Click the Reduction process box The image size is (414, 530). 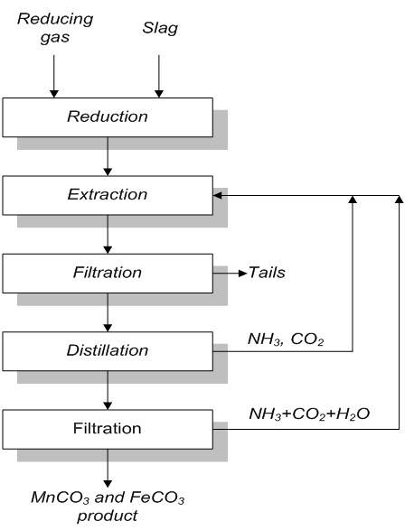click(x=107, y=116)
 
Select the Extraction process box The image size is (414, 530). click(x=107, y=194)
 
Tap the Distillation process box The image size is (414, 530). click(x=107, y=349)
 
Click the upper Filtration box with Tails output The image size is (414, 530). click(x=107, y=271)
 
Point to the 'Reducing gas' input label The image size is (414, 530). click(x=53, y=26)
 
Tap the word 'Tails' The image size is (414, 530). click(x=267, y=271)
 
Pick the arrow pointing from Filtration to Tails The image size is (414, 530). click(x=231, y=271)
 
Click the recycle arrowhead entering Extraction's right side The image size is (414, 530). click(x=217, y=194)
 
